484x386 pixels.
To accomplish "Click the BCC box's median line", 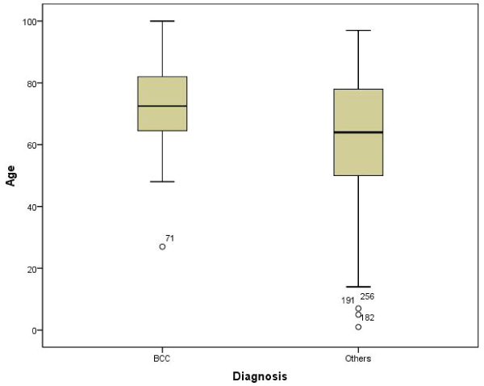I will click(162, 106).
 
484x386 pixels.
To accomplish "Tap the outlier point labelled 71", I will click(162, 246).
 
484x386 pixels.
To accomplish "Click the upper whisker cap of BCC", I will click(162, 21).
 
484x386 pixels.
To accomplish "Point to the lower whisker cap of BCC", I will click(162, 182).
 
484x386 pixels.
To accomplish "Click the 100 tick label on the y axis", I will click(29, 21).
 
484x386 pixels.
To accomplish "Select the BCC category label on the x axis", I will click(162, 358).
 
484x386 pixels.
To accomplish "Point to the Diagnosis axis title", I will click(260, 376).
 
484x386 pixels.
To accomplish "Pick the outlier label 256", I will click(367, 296).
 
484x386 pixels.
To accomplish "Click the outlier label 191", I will click(348, 301).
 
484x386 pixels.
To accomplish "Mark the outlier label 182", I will click(367, 317).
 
